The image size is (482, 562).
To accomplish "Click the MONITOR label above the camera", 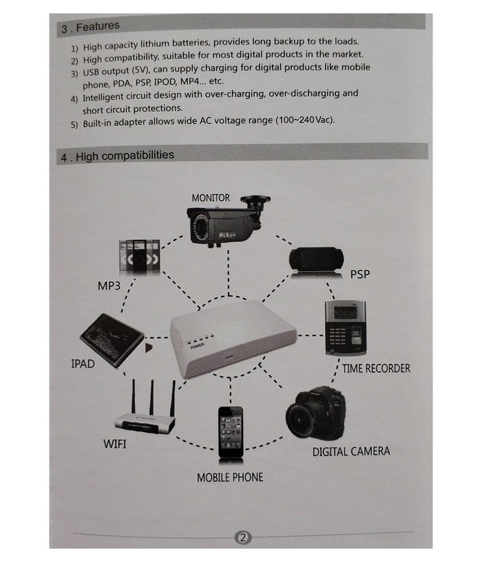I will [211, 198].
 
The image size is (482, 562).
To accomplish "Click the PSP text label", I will [359, 274].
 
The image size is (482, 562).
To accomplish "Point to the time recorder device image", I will [345, 327].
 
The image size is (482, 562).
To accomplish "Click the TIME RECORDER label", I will [375, 369].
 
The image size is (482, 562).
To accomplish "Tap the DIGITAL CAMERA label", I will [350, 452].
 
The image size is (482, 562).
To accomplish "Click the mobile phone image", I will [231, 431].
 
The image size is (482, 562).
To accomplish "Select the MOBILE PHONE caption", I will [230, 477].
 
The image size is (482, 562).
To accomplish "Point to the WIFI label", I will [115, 444].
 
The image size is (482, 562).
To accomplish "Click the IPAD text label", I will [83, 363].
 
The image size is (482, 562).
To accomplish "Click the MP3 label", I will [109, 285].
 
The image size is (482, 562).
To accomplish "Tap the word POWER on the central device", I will [198, 347].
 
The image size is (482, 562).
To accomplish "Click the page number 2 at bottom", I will [241, 537].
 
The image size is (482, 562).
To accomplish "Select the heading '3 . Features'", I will [90, 28].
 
